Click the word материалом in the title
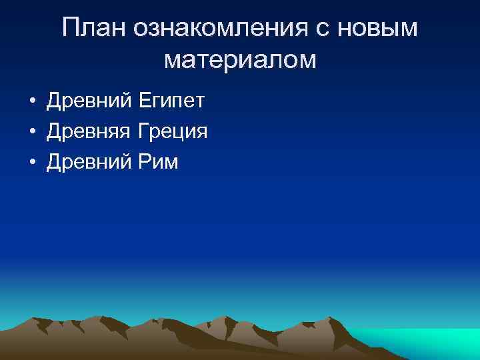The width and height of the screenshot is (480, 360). coord(240,60)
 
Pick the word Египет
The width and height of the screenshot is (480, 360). coord(172,101)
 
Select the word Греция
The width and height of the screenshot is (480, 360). coord(173,132)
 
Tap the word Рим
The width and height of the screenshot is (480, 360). coord(158,162)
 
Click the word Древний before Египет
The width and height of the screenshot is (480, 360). coord(89,101)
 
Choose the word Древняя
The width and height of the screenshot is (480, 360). coord(90,132)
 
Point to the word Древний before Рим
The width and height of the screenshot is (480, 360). coord(89,162)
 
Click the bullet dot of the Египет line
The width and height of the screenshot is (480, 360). coord(32,102)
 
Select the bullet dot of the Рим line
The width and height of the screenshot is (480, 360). coord(32,163)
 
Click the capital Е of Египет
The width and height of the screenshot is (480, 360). coord(145,101)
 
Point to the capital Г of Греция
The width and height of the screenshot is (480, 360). coord(143,132)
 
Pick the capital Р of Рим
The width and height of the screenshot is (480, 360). coord(144,162)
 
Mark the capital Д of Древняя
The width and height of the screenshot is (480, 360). coord(54,132)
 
